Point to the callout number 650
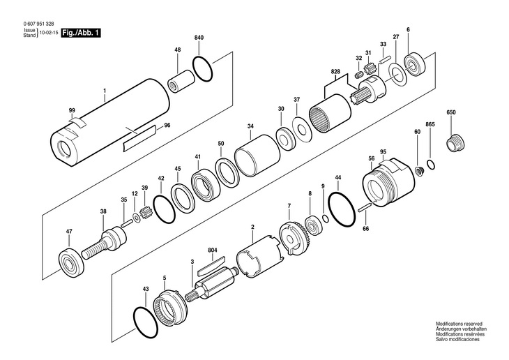[450, 113]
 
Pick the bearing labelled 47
[73, 260]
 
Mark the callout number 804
[213, 250]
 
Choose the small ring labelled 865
[432, 165]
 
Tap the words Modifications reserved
[459, 324]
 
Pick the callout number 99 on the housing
[72, 111]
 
